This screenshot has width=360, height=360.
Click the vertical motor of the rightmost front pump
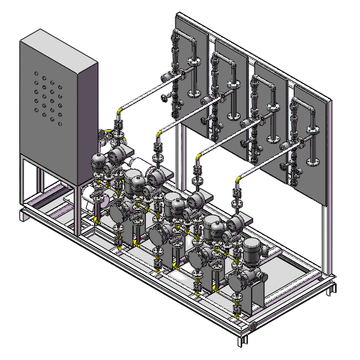coord(252,252)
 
